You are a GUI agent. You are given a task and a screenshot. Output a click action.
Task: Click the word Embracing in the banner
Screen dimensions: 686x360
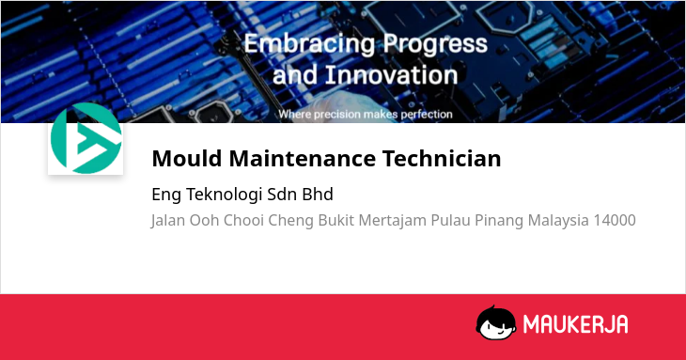point(309,44)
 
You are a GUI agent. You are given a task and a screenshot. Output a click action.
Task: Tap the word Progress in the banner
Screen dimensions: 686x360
point(435,44)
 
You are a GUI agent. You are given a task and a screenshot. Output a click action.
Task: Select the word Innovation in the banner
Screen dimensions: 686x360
point(391,75)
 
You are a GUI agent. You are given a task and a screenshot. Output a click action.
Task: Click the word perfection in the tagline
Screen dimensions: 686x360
point(427,115)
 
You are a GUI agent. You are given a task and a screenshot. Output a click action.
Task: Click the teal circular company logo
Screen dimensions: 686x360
point(86,138)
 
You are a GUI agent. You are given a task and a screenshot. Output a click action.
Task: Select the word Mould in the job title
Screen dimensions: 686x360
point(187,158)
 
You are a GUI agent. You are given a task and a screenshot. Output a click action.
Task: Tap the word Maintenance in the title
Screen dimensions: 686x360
point(303,158)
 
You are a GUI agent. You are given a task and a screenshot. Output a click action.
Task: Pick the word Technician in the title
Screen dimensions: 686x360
point(442,158)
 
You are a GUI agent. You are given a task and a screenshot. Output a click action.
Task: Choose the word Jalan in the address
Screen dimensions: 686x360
point(168,220)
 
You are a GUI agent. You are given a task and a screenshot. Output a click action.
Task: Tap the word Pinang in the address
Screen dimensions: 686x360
point(499,221)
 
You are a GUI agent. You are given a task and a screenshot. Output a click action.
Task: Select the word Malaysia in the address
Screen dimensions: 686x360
point(558,221)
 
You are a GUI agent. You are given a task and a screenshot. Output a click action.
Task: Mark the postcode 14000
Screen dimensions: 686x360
point(615,220)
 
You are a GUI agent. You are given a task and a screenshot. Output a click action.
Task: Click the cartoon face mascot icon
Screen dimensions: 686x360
point(495,322)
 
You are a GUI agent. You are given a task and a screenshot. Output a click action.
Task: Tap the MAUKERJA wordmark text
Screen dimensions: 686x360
point(576,324)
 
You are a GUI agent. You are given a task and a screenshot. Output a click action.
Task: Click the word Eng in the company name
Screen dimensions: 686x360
point(166,196)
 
